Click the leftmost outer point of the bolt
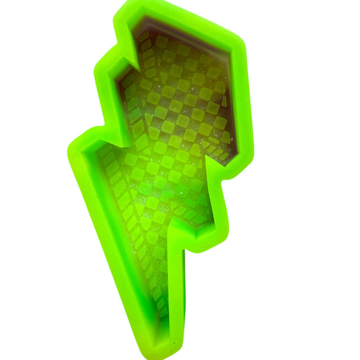coord(70,150)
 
